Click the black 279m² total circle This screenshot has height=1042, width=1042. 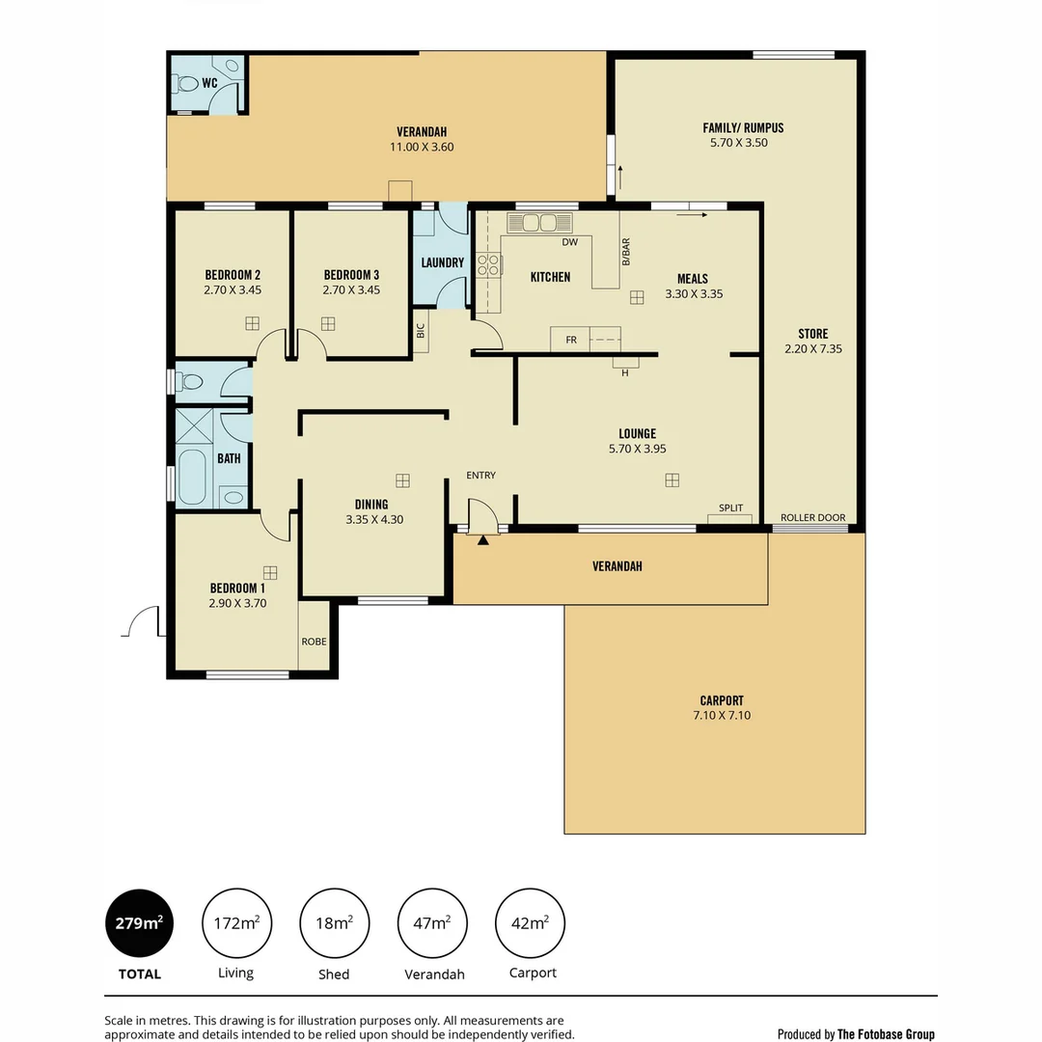click(x=139, y=923)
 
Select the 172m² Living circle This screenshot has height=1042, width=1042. click(x=236, y=923)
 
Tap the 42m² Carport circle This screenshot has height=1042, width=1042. click(x=530, y=923)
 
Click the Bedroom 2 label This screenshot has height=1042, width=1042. click(x=233, y=275)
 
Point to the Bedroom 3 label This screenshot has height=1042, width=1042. click(x=351, y=275)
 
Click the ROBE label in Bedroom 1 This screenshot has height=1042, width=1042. click(x=314, y=641)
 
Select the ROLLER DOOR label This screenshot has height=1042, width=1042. click(x=812, y=518)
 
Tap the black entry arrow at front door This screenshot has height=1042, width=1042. click(x=482, y=540)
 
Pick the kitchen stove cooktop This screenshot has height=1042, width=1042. click(x=488, y=264)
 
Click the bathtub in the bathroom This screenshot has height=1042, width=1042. click(x=193, y=477)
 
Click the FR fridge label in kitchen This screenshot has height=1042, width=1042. click(x=571, y=340)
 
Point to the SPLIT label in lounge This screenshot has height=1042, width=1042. click(x=730, y=508)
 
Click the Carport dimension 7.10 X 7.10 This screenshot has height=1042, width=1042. click(x=722, y=716)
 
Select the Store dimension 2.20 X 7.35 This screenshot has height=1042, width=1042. click(x=812, y=349)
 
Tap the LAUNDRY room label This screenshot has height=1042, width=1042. click(x=443, y=262)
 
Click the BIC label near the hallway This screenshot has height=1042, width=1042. click(x=421, y=329)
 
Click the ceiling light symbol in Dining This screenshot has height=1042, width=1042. click(x=402, y=480)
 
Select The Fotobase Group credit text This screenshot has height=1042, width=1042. click(x=885, y=1034)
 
